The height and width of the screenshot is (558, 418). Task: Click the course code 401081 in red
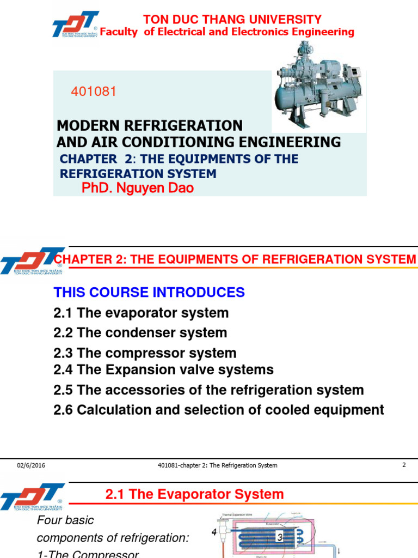pos(94,92)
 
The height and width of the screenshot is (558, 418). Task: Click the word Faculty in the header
pos(119,32)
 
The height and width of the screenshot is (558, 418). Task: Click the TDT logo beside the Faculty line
pos(75,25)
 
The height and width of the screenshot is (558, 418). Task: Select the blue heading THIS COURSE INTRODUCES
pos(149,292)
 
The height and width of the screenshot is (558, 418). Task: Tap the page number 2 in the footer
pos(404,465)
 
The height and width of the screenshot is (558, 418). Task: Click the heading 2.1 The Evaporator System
pos(194,494)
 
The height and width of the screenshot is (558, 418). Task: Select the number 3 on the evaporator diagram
pos(280,538)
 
